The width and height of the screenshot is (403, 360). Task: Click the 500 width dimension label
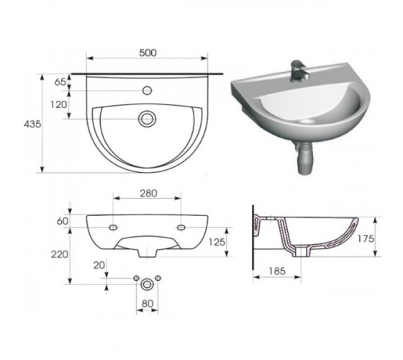(x=148, y=53)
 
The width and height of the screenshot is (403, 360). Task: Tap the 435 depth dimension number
(x=32, y=124)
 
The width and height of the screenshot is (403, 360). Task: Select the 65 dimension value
(x=60, y=82)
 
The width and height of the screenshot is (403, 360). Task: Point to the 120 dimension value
(x=58, y=104)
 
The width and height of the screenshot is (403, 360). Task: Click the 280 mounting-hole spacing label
(x=148, y=194)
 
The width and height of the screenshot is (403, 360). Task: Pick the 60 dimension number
(x=63, y=221)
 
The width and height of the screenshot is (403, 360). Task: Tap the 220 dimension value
(x=60, y=255)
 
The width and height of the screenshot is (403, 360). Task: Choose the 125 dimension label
(x=217, y=242)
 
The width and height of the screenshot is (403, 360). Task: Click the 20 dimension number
(x=99, y=265)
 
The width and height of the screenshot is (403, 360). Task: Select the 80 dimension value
(x=148, y=304)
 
